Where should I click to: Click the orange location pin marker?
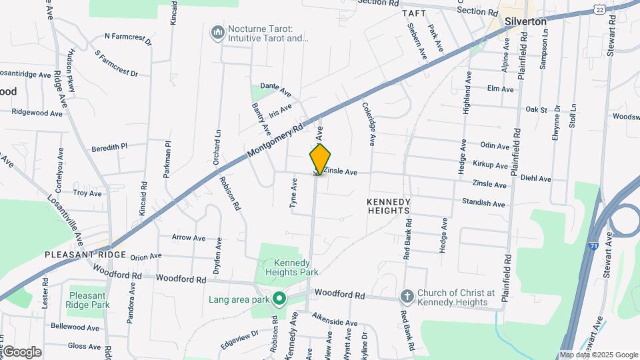(321, 159)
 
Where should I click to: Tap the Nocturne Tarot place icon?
(217, 33)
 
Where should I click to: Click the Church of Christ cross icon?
(407, 295)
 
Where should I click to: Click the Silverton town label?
(527, 21)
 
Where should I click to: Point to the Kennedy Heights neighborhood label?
(388, 205)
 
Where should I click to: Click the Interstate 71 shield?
(593, 246)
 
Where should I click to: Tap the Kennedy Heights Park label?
(292, 267)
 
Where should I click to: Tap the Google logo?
(22, 352)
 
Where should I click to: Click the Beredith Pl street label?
(109, 147)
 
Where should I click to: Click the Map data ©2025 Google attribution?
(599, 355)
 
